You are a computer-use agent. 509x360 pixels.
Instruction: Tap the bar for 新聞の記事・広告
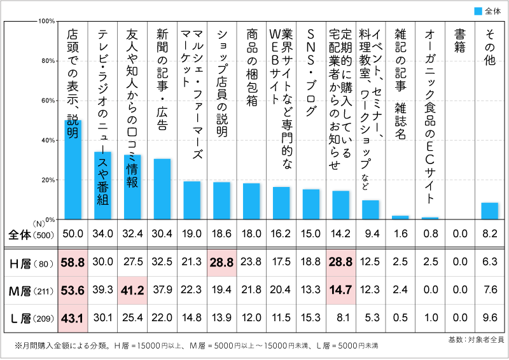click(162, 189)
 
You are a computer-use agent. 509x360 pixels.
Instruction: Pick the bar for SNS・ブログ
click(311, 204)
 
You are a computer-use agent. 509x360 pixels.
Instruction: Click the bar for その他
click(490, 211)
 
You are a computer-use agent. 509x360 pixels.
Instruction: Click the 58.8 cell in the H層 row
click(73, 263)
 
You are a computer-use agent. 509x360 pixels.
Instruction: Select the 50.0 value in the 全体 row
click(73, 234)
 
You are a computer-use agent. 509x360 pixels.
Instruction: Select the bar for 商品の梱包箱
click(251, 201)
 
